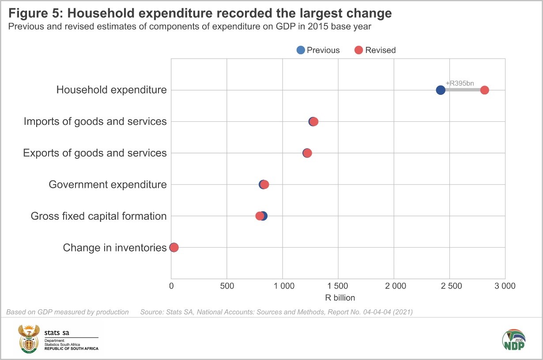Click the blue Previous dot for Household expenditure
coord(440,90)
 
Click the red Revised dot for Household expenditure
coord(484,90)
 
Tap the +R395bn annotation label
coord(459,83)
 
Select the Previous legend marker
coord(301,50)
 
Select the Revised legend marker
coord(358,50)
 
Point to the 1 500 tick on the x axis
coord(338,286)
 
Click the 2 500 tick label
coord(449,286)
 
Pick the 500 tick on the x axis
coord(226,286)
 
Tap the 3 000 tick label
coord(505,286)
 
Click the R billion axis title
coord(340,298)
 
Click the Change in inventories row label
coord(114,247)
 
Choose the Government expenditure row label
coord(108,184)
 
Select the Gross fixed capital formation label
coord(98,216)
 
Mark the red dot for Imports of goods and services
coord(314,121)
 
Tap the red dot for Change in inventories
coord(174,247)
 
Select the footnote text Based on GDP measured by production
coord(68,312)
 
